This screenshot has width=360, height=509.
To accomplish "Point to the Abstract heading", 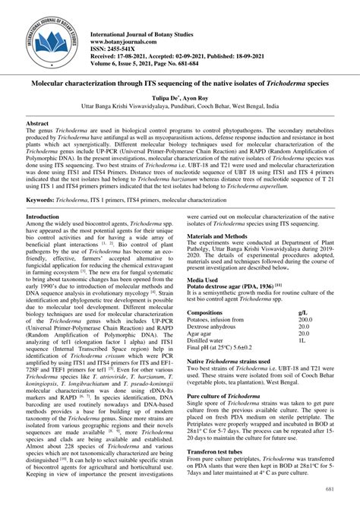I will [x=38, y=122].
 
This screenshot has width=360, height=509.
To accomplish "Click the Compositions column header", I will [x=210, y=312].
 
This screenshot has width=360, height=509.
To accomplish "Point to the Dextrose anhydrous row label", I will [x=215, y=327].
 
